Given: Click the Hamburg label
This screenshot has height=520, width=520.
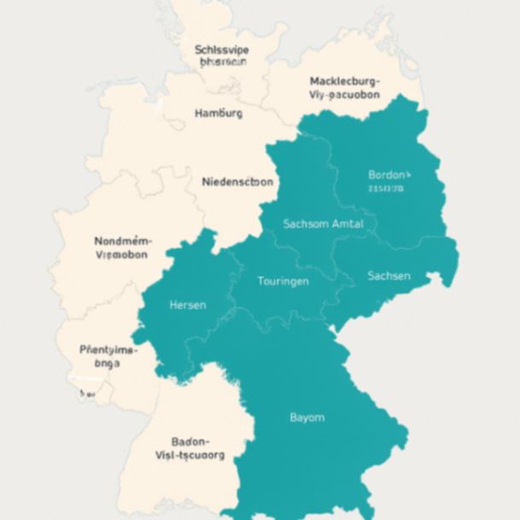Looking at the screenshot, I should click(x=219, y=113).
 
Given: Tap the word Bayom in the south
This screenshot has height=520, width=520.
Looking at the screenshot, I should click(x=307, y=418).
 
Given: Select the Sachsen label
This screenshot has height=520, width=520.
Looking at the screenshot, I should click(x=389, y=276).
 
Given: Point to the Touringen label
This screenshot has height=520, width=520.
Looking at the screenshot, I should click(x=283, y=280).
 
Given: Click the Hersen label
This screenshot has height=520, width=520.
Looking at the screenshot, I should click(x=188, y=305).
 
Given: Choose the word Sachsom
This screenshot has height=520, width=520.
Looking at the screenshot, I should click(x=305, y=224).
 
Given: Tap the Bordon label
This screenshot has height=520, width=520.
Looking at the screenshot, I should click(x=389, y=174).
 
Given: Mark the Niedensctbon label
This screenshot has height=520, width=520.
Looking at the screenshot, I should click(x=238, y=182).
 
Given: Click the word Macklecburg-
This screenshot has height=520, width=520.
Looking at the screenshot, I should click(x=345, y=81).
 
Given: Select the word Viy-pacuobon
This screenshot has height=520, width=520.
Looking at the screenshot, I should click(x=344, y=95).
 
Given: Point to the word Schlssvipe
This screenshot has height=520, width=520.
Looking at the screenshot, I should click(x=221, y=50).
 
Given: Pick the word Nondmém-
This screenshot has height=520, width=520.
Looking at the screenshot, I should click(x=121, y=241).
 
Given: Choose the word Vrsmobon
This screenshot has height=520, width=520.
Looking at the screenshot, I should click(x=121, y=254).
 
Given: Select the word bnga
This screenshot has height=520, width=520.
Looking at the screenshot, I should click(x=108, y=362).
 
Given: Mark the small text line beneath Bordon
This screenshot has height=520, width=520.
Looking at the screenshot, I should click(x=387, y=188).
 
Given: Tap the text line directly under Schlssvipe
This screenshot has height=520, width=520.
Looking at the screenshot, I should click(x=223, y=62).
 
